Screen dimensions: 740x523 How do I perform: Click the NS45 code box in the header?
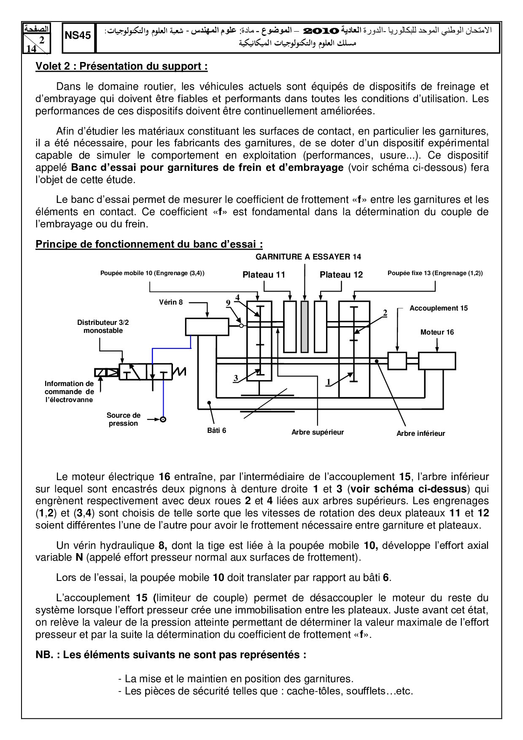[78, 36]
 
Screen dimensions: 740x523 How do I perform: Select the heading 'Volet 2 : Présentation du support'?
[121, 66]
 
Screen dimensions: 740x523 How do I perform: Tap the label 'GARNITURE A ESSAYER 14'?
[308, 257]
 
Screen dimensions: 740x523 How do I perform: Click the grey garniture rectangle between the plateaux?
[305, 327]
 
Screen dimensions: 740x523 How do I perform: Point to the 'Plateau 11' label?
[264, 275]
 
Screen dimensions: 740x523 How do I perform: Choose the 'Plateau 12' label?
[341, 275]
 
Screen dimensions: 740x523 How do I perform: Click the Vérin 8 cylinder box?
[207, 327]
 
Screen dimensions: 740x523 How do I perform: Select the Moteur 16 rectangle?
[437, 361]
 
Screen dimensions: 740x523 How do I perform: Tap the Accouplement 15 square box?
[397, 361]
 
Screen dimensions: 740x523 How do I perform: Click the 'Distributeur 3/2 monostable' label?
[103, 326]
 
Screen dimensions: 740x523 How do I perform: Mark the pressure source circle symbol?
[163, 419]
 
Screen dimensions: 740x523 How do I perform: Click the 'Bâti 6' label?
[217, 430]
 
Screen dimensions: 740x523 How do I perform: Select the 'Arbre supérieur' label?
[318, 432]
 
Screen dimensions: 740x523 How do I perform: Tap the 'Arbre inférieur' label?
[421, 433]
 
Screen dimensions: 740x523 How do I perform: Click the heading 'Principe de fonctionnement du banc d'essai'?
[149, 244]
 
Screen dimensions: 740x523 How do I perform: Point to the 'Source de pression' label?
[124, 419]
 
